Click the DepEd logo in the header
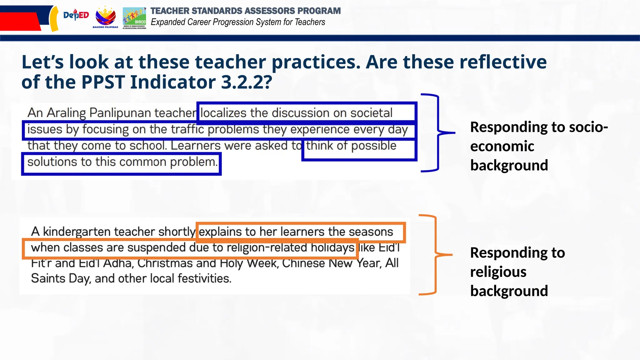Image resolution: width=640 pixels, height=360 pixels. (76, 15)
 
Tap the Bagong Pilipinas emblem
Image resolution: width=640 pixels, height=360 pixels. (105, 17)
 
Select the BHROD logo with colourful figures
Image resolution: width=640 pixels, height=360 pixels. (134, 17)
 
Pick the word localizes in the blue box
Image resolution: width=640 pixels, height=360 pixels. (223, 113)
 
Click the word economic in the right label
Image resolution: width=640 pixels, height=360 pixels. (502, 146)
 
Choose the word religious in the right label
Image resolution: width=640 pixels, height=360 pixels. (498, 272)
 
